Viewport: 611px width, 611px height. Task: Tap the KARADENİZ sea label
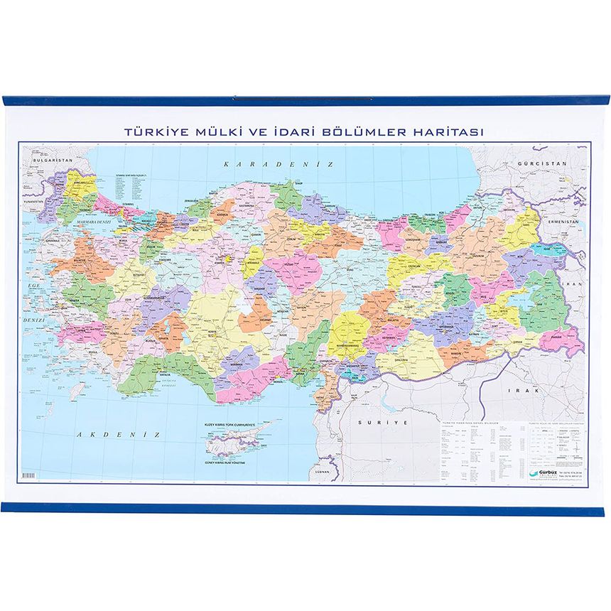click(278, 164)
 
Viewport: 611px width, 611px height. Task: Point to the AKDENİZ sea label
click(119, 433)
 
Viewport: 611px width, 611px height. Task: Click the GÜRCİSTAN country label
click(543, 163)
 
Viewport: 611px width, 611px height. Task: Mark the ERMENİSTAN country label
click(565, 222)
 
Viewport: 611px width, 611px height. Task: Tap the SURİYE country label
click(375, 422)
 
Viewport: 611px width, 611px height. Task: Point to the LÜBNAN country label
click(324, 472)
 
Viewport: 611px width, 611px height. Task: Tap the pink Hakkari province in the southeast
click(561, 338)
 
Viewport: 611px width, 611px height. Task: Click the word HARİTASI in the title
click(455, 132)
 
